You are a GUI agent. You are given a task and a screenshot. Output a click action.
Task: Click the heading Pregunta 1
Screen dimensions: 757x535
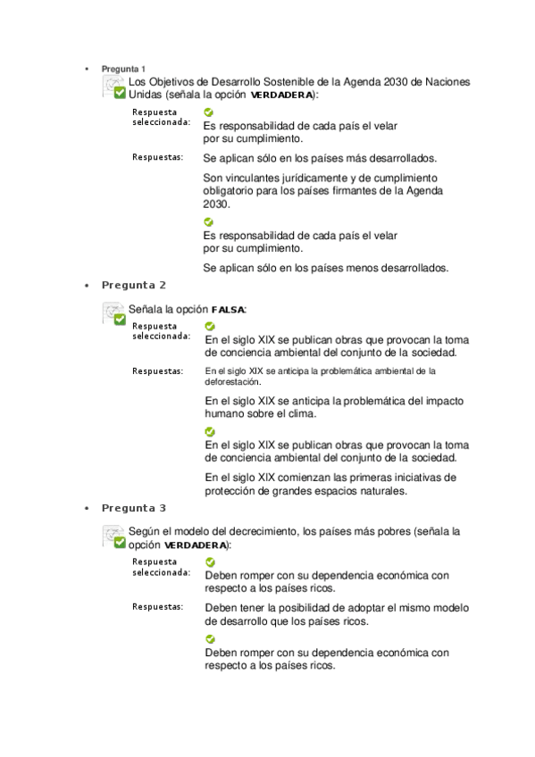coord(124,69)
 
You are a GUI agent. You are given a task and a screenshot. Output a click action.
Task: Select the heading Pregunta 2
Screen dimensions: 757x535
coord(134,286)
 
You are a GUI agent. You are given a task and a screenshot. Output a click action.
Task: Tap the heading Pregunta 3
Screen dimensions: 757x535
coord(134,509)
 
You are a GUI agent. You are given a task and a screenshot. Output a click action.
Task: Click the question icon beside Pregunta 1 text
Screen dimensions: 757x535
coord(114,87)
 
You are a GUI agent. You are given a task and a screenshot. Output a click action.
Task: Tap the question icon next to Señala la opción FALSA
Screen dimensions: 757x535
coord(114,312)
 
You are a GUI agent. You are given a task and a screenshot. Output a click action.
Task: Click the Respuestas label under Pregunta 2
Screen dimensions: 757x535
coord(158,370)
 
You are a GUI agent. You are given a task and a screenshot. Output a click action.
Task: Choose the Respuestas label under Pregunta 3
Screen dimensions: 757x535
coord(158,607)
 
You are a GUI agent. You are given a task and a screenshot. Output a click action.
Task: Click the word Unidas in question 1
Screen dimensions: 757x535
coord(146,95)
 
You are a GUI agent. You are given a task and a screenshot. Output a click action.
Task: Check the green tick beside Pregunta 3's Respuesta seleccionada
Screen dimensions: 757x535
coord(210,562)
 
